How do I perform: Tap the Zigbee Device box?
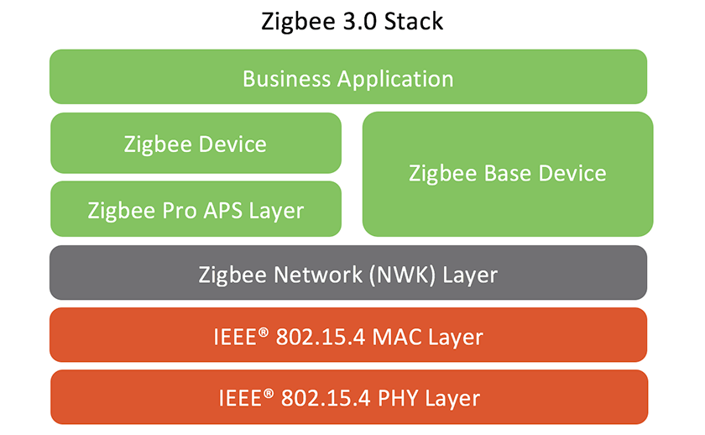point(196,144)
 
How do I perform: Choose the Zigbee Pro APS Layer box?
point(196,210)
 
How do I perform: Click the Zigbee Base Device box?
point(507,174)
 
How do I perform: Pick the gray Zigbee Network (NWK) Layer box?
point(347,273)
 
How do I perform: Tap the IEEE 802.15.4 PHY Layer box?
point(347,397)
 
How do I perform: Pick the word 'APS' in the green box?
point(223,210)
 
